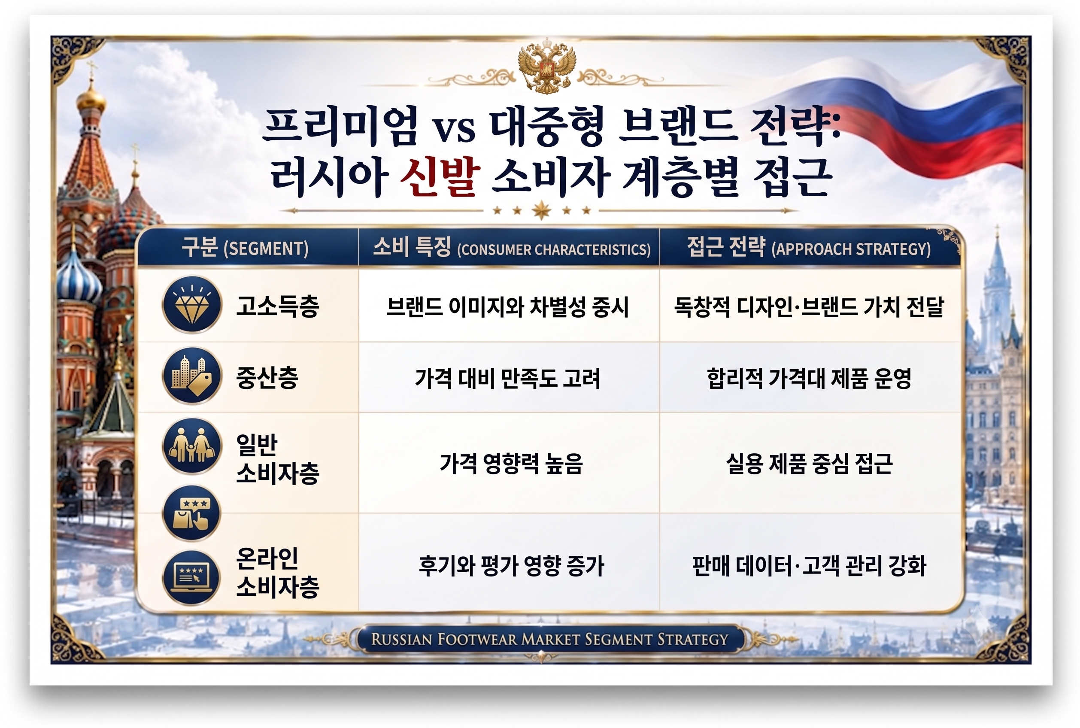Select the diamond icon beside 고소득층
click(x=192, y=305)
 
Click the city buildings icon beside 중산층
click(x=192, y=376)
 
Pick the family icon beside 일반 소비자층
click(x=192, y=446)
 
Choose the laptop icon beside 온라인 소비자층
click(x=192, y=578)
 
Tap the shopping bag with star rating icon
click(x=192, y=513)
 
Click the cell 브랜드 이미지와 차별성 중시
click(x=507, y=306)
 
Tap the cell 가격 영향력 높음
click(x=511, y=463)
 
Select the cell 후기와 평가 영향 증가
click(x=511, y=565)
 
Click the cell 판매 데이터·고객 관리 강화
click(x=809, y=565)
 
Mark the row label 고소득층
click(x=278, y=306)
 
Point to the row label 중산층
click(x=267, y=377)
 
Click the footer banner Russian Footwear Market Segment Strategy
click(x=549, y=639)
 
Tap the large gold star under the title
click(x=541, y=210)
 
